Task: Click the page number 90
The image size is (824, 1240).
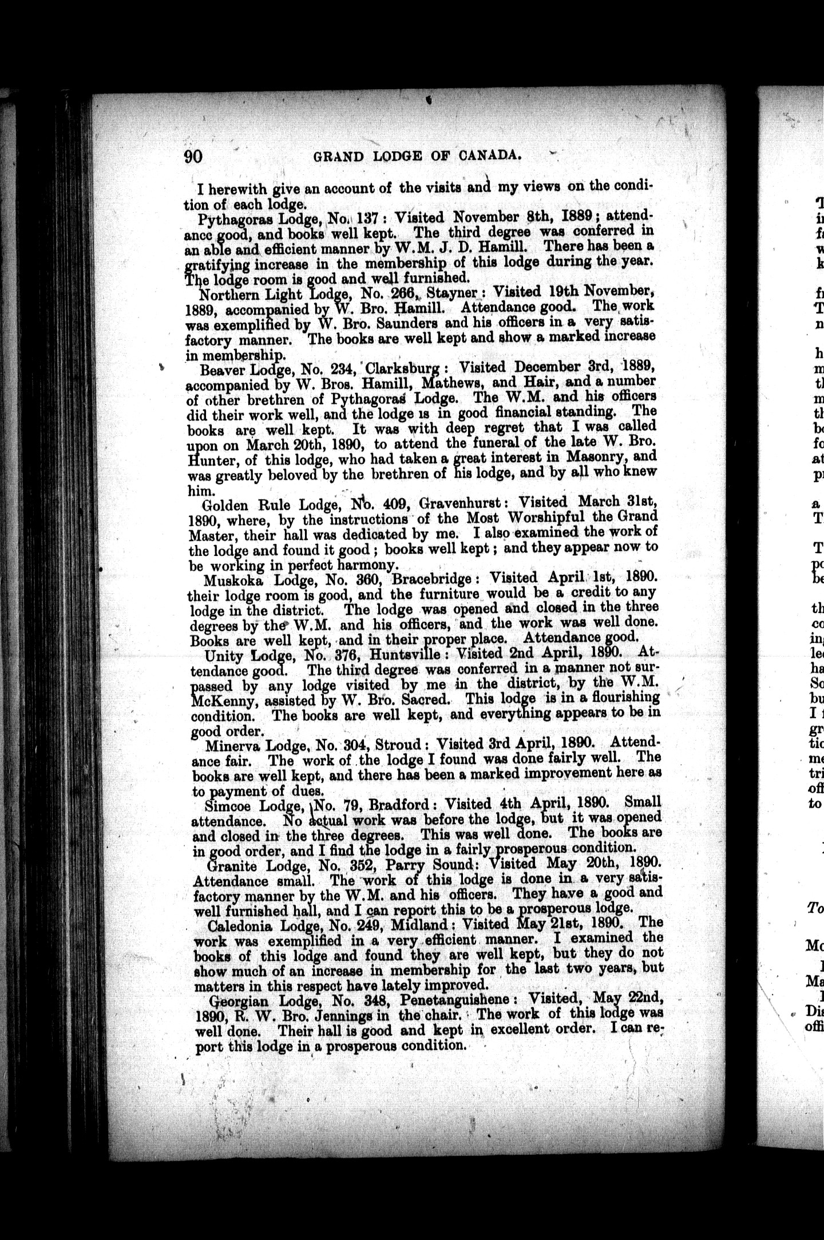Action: pos(193,156)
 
